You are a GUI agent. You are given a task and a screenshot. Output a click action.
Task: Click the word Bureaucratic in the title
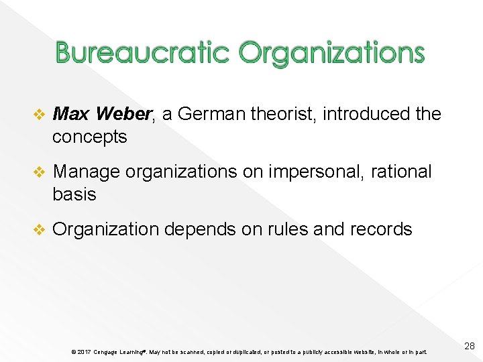143,52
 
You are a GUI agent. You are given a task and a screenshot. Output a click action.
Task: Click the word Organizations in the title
331,52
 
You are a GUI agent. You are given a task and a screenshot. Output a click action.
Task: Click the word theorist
282,114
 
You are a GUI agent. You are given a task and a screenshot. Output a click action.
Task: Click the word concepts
90,137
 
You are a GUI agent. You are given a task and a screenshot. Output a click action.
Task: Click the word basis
74,194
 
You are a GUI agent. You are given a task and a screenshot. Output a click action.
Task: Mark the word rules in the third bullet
281,229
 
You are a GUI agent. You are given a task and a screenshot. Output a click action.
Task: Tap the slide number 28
469,346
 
